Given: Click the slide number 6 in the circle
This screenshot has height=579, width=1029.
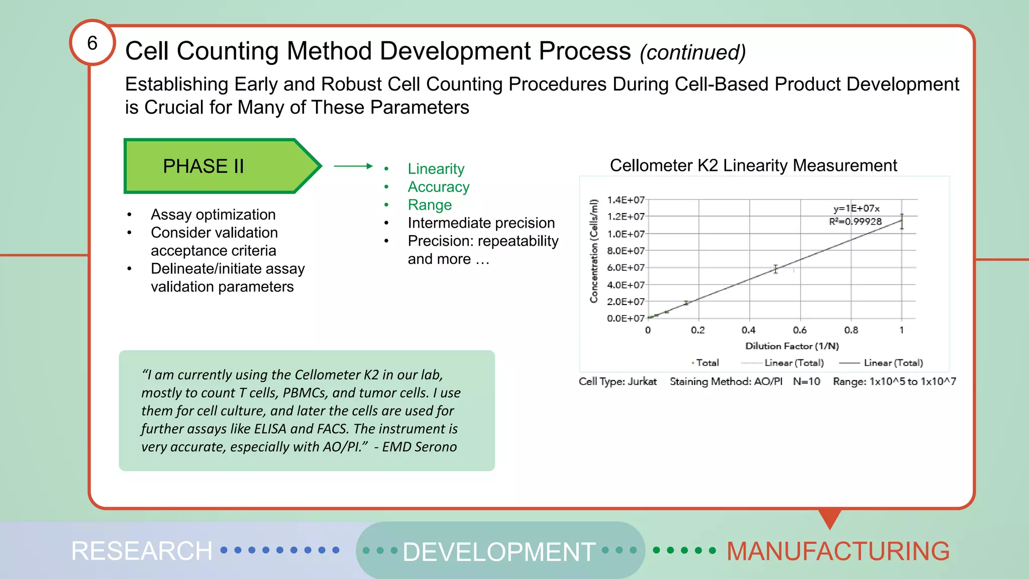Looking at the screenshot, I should pos(92,43).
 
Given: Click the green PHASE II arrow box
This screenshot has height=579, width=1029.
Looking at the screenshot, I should pos(211,166).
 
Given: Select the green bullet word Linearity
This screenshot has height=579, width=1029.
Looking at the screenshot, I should pos(436,169).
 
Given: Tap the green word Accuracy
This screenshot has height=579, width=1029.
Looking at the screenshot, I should pos(438,187).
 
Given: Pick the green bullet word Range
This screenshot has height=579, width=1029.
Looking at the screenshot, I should pos(430,205).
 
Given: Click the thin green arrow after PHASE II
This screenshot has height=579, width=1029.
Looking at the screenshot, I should pos(353,166).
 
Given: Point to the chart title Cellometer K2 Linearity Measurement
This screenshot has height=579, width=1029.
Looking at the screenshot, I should pos(753,165).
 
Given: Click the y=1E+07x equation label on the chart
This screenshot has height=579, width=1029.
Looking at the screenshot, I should pos(856,208).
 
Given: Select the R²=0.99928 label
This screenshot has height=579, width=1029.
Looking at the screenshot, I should pos(855,222).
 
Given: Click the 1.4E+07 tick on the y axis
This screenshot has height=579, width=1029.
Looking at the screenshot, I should pos(625,200).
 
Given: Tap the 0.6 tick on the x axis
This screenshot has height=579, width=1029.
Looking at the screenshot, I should pos(799,330).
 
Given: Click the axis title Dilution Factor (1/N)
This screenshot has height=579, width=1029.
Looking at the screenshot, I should pos(792,346).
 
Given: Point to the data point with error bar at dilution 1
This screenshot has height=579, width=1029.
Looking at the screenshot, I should pos(902,221).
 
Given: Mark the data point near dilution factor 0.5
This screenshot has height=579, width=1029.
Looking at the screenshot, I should pos(775,269).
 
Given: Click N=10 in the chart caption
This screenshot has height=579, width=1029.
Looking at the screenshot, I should pos(806,381).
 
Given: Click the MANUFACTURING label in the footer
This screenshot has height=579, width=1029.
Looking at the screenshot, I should pos(838,551).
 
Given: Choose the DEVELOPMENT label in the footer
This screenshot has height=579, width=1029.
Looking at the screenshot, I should pos(498,551).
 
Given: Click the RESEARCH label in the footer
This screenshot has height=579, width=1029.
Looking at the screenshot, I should pos(142,551).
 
